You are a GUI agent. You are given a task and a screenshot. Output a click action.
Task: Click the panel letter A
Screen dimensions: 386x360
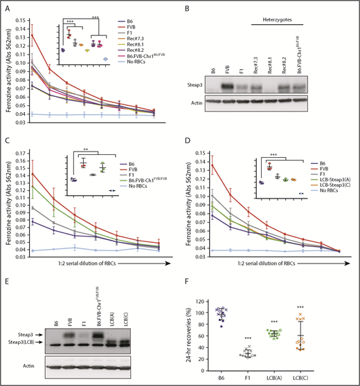[6, 7]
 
